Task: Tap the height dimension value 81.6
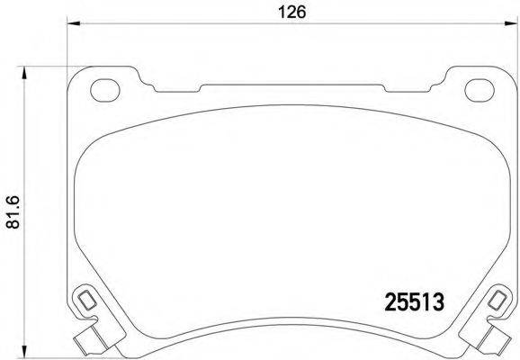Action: [x=12, y=212]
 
